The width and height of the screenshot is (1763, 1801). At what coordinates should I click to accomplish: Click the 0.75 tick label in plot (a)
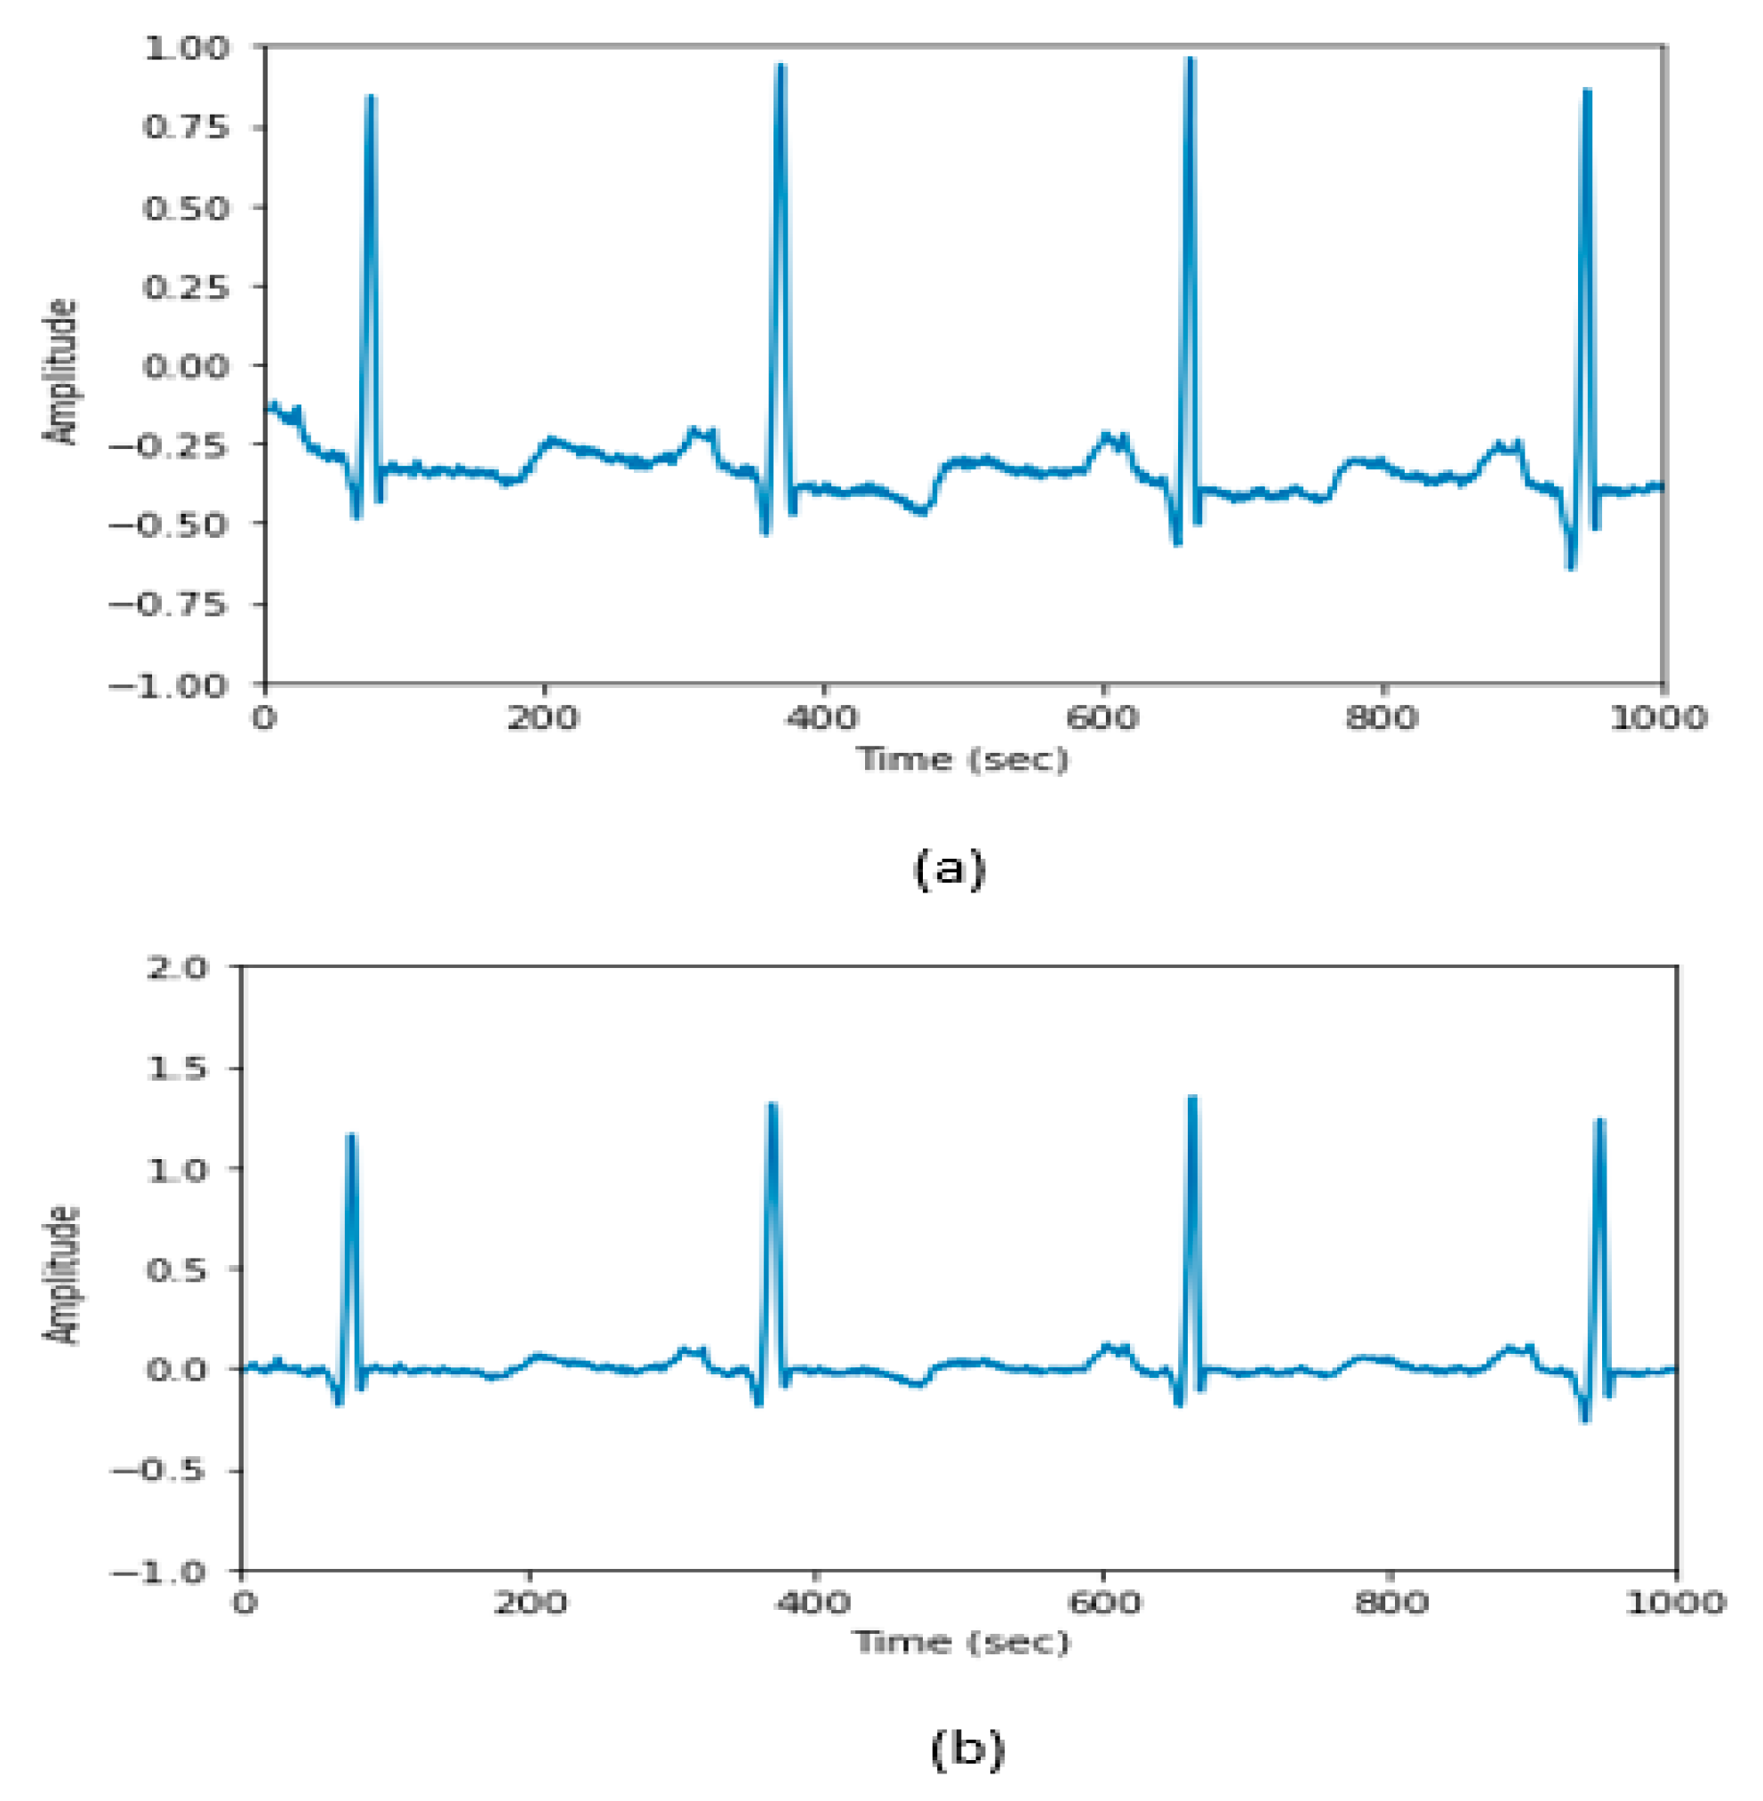click(185, 127)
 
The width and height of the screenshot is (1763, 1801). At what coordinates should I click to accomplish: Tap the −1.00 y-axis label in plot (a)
click(169, 686)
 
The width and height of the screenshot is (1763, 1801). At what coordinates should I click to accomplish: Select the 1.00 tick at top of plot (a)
click(185, 47)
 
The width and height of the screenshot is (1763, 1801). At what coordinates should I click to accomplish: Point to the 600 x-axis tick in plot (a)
click(1102, 718)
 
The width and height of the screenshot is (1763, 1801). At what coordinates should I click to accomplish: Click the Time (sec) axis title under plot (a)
click(963, 759)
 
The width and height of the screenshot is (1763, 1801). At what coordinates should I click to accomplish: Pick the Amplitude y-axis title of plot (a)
click(62, 372)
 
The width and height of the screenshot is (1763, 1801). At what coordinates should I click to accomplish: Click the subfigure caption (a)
click(950, 869)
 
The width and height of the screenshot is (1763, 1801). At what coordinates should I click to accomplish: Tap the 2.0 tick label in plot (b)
click(178, 968)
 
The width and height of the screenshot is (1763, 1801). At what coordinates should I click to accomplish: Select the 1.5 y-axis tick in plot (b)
click(178, 1068)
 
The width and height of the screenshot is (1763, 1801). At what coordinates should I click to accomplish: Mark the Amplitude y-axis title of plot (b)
click(62, 1275)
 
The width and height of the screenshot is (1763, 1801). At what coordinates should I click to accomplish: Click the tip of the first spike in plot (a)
click(371, 96)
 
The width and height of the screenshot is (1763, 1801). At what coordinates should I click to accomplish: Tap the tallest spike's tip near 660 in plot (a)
click(1190, 60)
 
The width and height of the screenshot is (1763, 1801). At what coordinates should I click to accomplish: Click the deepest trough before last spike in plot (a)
click(1571, 566)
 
